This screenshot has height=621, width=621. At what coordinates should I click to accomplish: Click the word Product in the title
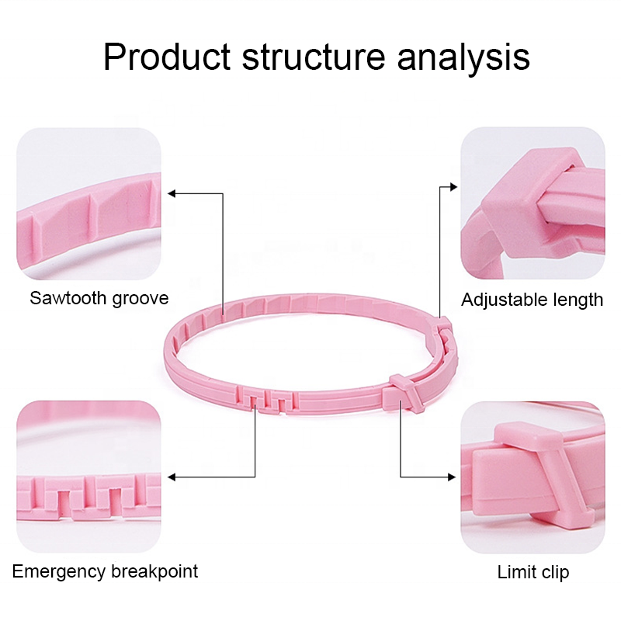(167, 58)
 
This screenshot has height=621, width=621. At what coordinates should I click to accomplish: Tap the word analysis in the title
(464, 58)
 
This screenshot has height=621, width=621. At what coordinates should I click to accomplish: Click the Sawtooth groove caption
(99, 298)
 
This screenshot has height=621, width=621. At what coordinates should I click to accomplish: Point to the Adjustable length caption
(532, 300)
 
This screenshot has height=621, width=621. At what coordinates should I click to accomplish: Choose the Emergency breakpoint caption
(105, 572)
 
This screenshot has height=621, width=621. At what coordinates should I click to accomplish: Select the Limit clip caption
(533, 573)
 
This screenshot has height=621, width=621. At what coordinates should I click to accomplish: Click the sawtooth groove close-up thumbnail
(88, 203)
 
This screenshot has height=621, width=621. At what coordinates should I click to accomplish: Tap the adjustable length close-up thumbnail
(533, 203)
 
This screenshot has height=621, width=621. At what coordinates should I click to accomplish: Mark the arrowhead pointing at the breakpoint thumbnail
(172, 477)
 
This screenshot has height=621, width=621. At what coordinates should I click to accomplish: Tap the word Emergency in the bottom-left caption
(59, 572)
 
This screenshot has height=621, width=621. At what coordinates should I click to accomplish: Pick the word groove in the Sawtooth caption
(140, 298)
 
